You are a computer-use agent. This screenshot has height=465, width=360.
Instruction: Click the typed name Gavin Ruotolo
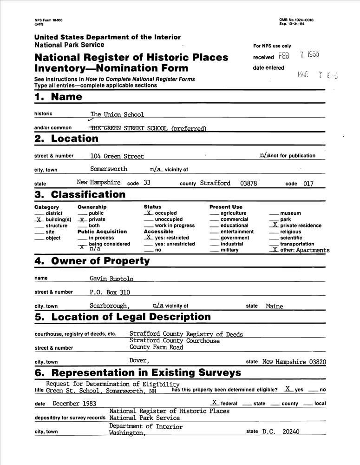111,279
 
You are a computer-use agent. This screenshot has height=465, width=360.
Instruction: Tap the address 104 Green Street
117,156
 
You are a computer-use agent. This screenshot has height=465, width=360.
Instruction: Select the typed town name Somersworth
109,169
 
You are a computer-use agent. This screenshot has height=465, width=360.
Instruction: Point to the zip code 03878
249,183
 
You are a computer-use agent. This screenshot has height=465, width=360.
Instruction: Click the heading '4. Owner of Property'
92,261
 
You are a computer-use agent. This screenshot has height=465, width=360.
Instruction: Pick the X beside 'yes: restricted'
148,237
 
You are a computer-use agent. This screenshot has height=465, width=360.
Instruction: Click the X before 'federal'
214,403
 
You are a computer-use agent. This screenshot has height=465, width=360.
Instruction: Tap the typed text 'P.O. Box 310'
110,292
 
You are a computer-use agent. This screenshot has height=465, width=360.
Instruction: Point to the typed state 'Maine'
274,306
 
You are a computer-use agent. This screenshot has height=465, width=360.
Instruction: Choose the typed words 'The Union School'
117,114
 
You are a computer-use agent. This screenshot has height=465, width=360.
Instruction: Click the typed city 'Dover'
139,361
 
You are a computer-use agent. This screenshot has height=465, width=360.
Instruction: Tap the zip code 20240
290,432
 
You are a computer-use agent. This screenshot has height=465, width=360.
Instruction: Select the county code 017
308,184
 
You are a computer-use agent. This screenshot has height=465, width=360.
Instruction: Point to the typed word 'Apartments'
313,250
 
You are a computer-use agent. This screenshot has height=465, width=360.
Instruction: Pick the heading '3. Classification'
80,194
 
